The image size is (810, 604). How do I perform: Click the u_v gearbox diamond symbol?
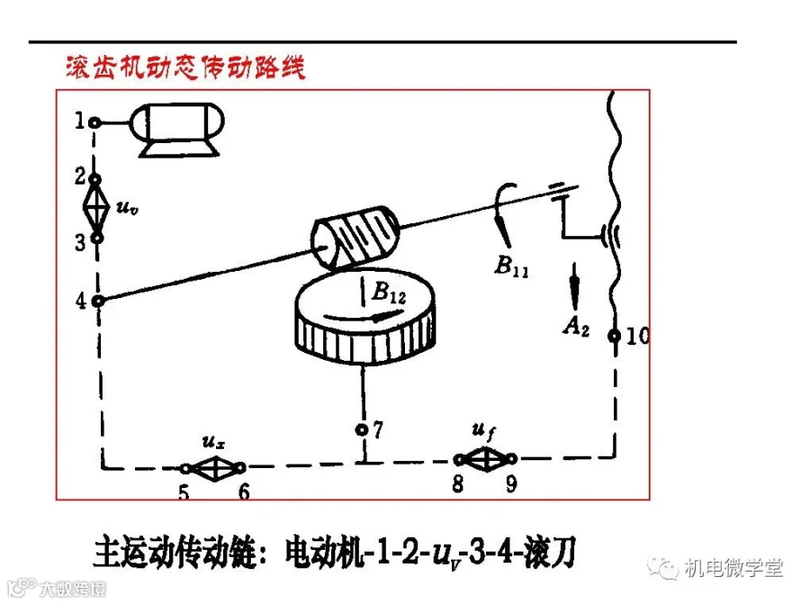click(x=94, y=208)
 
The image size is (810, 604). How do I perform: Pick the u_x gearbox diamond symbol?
click(x=213, y=468)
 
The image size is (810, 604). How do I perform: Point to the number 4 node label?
click(x=81, y=302)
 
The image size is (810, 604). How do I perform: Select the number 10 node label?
click(x=637, y=337)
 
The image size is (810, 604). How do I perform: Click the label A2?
click(x=575, y=327)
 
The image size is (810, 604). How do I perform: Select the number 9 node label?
click(x=511, y=484)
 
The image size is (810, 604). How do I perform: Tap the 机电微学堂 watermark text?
click(x=733, y=568)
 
